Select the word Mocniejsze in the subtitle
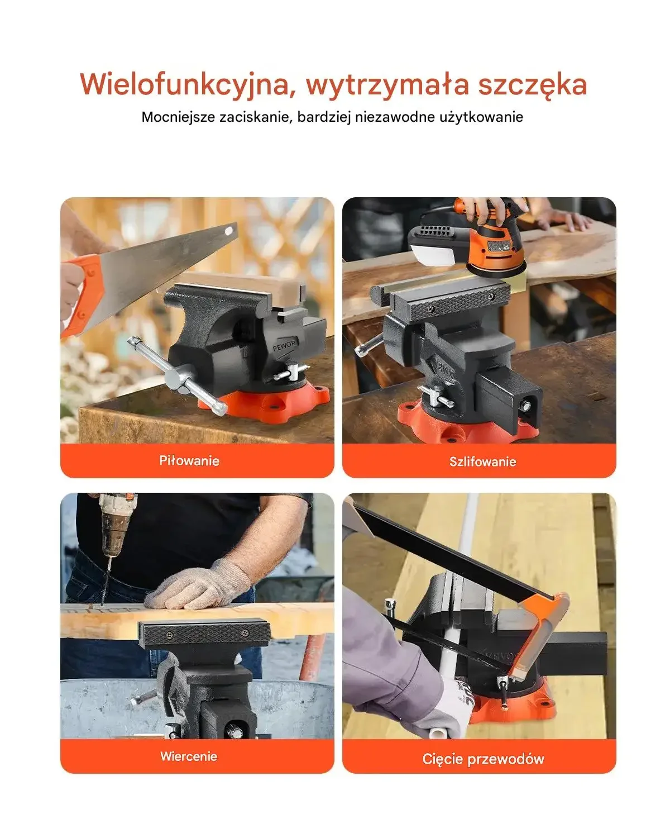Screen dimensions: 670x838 [x=178, y=117]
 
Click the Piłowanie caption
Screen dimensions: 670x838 [x=189, y=461]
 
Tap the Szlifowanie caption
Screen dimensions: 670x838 [x=483, y=462]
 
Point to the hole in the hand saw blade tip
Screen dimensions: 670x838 [x=229, y=231]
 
